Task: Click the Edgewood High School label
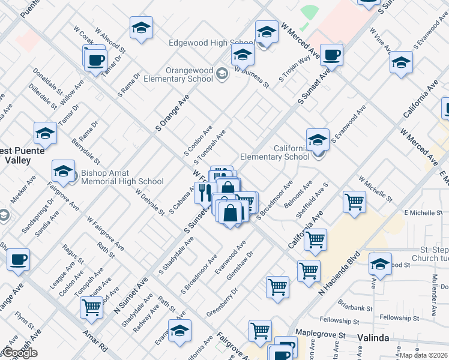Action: [203, 43]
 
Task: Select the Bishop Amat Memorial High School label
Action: [122, 177]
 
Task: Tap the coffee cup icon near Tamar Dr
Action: [95, 60]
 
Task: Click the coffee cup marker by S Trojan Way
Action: [331, 55]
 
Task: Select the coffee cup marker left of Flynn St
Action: [18, 259]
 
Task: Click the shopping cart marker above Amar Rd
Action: [91, 307]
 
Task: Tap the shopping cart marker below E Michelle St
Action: [354, 202]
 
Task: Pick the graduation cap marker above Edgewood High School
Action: [141, 28]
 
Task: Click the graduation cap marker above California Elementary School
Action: [318, 140]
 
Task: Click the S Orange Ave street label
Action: [172, 113]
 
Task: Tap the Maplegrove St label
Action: [319, 333]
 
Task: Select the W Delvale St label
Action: [149, 203]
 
